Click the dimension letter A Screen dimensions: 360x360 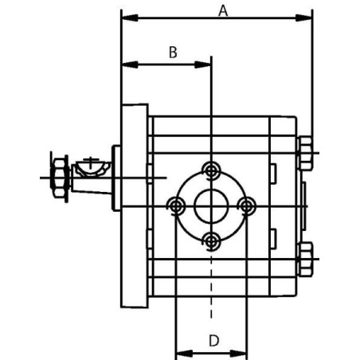pos(223,10)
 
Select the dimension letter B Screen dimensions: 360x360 pos(172,53)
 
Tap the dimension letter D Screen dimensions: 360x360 pos(213,340)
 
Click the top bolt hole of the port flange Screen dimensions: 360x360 pos(211,170)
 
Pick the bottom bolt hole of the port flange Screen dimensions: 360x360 pos(211,241)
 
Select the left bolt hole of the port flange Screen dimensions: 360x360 pos(175,206)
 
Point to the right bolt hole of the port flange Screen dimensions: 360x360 pos(247,206)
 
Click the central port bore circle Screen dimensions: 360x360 pos(211,206)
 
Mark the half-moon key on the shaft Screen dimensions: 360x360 pos(92,168)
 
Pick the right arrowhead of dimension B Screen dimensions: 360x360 pos(205,64)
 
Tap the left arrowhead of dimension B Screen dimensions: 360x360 pos(126,64)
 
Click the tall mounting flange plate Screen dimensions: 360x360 pos(135,207)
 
